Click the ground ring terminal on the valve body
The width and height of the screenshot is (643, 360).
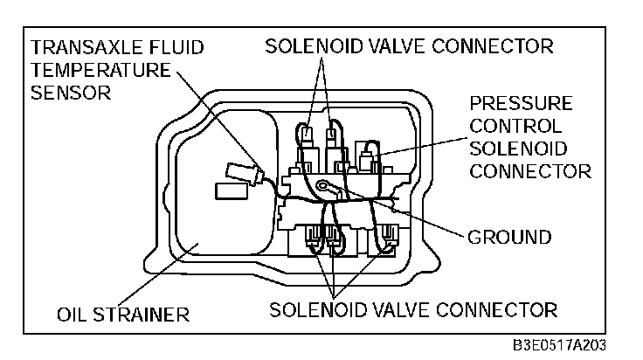325,185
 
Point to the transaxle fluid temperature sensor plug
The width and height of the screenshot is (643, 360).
241,172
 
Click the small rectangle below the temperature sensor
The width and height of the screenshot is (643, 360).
230,190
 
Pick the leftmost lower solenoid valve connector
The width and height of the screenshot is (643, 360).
314,236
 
